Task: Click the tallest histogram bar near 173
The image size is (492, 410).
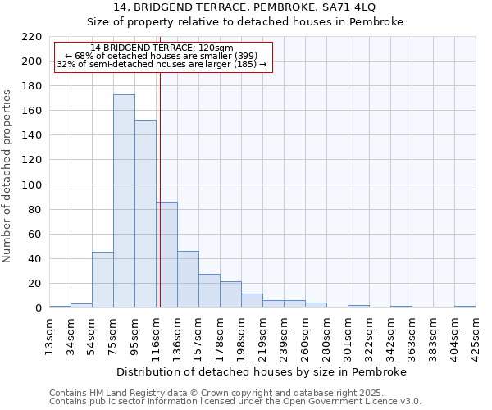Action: (x=124, y=201)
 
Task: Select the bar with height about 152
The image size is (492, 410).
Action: (x=145, y=214)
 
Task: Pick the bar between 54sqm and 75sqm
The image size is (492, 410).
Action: (x=102, y=280)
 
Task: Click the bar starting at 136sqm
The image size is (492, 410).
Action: (x=188, y=280)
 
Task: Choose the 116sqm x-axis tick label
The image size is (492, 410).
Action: (x=157, y=335)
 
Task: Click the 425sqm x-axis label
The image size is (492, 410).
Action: (x=476, y=335)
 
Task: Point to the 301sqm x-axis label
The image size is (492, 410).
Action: (x=348, y=335)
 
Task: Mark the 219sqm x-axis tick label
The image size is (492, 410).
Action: (x=263, y=335)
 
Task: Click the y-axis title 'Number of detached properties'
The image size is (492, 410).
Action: (x=8, y=176)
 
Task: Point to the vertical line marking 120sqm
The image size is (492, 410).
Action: (x=160, y=164)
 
